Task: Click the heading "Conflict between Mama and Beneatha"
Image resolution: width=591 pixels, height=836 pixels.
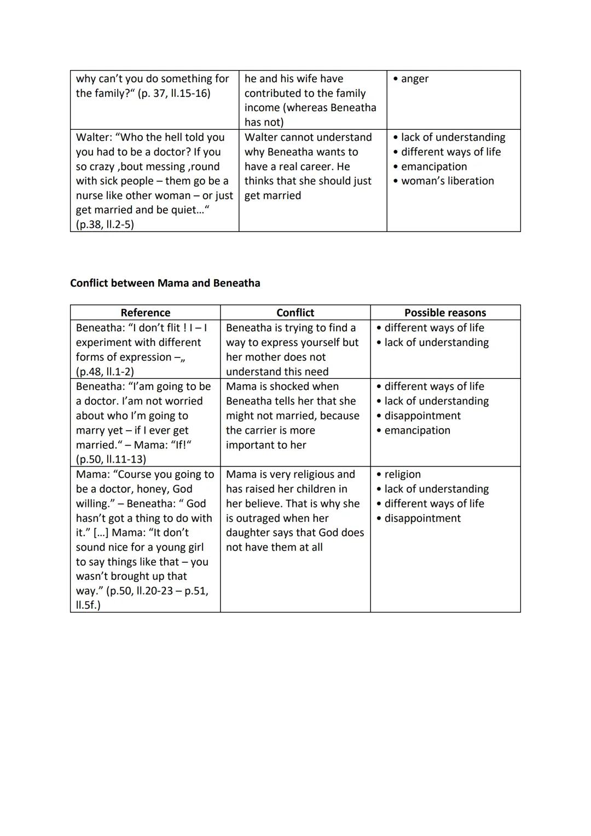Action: coord(165,283)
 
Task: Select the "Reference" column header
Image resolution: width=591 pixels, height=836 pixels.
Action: coord(145,313)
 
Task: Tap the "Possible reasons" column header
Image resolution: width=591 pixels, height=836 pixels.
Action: coord(445,313)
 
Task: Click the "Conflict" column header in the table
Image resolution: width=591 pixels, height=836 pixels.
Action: coord(295,313)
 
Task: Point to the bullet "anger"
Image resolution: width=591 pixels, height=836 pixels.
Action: coord(414,79)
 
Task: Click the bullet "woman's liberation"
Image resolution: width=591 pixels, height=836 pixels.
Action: coord(447,181)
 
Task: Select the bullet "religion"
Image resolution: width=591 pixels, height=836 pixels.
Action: coord(402,475)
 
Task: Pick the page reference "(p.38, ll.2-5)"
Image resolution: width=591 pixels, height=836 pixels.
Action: coord(105,224)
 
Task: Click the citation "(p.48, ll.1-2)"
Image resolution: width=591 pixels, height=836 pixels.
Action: coord(105,372)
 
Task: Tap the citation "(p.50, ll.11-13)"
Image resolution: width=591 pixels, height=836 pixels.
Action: coord(111,459)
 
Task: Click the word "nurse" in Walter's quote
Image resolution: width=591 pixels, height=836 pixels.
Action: coord(91,195)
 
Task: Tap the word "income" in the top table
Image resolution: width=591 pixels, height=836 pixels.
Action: coord(262,108)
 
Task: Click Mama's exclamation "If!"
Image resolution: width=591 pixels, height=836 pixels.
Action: coord(179,445)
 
